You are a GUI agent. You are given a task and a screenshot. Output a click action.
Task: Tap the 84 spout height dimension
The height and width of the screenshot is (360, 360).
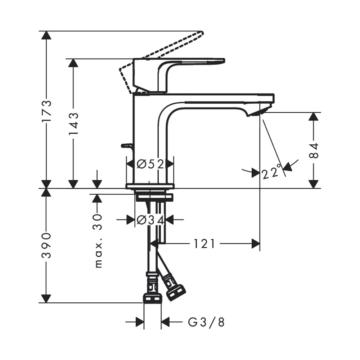tap(314, 150)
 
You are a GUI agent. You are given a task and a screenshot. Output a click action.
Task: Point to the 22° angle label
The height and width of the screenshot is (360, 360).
tap(271, 173)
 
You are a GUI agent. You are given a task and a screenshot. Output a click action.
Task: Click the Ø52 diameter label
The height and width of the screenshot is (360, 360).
tap(150, 164)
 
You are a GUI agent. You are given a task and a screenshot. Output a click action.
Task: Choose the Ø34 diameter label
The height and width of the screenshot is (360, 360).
tap(150, 219)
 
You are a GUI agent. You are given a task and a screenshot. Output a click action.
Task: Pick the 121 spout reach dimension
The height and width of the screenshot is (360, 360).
tap(204, 244)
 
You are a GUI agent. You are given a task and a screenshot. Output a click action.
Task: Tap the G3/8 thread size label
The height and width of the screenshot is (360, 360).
tap(206, 322)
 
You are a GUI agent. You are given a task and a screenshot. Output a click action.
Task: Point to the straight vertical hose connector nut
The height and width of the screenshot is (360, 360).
tap(152, 297)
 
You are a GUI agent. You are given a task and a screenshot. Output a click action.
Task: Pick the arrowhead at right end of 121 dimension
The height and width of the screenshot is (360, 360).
tap(255, 244)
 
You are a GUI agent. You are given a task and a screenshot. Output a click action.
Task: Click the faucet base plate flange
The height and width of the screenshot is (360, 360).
tap(150, 186)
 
